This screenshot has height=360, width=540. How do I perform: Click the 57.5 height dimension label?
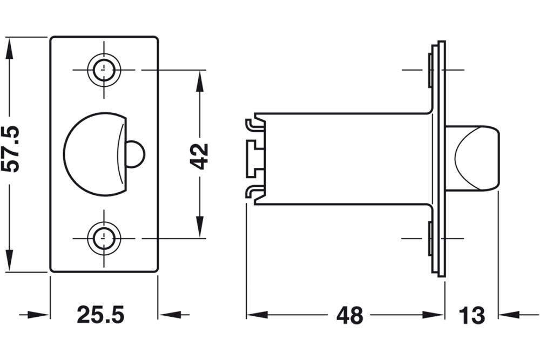point(11,149)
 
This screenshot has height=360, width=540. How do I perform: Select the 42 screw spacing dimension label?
point(200,155)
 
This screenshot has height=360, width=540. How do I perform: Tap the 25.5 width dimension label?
point(100,315)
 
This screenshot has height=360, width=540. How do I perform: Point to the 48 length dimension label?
point(350,315)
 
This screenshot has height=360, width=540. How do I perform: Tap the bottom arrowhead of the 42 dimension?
point(200,227)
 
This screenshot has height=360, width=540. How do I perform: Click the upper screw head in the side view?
point(430,70)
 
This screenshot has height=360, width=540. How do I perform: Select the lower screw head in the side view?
point(430,238)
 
